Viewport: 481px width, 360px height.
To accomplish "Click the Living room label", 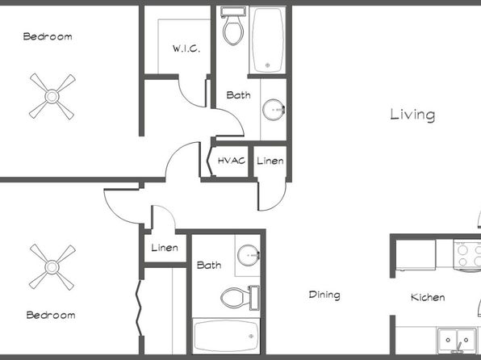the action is tap(412, 115).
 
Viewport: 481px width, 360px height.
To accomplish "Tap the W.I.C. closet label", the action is tap(186, 48).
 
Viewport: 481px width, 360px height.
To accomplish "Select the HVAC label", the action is tap(232, 161).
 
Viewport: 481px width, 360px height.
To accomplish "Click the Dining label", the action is tap(324, 295).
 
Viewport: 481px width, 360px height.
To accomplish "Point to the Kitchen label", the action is tap(428, 297).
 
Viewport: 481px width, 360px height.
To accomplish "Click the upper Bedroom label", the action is tap(48, 36).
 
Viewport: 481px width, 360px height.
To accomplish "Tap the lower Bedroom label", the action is tap(51, 315).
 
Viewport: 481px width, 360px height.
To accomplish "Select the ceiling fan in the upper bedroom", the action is tap(52, 96).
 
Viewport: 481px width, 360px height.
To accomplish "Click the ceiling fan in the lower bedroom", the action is tap(52, 267).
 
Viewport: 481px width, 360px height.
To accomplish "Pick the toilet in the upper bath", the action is tap(233, 26).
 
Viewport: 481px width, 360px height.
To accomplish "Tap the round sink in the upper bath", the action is tap(274, 110).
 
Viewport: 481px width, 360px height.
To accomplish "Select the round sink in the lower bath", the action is tap(249, 255).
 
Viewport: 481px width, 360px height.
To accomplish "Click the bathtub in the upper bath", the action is tap(268, 40).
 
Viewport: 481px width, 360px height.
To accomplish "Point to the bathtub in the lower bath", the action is tap(226, 336).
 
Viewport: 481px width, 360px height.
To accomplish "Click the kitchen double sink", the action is tap(457, 340).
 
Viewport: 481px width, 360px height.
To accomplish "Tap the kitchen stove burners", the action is tap(468, 256).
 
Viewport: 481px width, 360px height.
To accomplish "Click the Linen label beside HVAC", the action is tap(270, 161).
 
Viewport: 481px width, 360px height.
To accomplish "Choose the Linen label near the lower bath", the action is tap(165, 248).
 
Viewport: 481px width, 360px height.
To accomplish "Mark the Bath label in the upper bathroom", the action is tap(238, 94).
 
